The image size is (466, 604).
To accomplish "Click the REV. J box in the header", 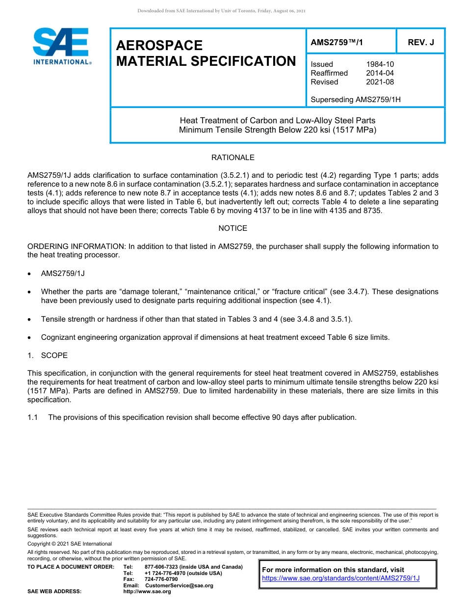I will tap(421, 42).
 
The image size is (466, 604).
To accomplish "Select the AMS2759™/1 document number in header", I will tap(337, 42).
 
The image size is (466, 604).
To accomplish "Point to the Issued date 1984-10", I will tap(380, 64).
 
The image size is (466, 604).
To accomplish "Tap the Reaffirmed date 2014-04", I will tap(380, 73).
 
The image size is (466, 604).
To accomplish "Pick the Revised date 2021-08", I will tap(380, 82).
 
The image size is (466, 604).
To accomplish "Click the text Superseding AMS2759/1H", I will tap(356, 100).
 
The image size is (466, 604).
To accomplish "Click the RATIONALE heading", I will tap(233, 158).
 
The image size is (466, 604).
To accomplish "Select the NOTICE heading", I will tap(233, 228).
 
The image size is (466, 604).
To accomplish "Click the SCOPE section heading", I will tap(54, 355).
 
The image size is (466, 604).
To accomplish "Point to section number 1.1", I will tap(33, 417).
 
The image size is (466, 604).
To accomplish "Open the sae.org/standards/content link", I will tap(340, 578).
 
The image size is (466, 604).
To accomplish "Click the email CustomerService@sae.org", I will tap(180, 585).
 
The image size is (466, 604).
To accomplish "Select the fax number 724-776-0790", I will tap(161, 579).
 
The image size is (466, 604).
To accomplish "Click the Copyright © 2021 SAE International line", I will tap(70, 544).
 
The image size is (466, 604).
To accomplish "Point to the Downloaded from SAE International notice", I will tap(221, 11).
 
